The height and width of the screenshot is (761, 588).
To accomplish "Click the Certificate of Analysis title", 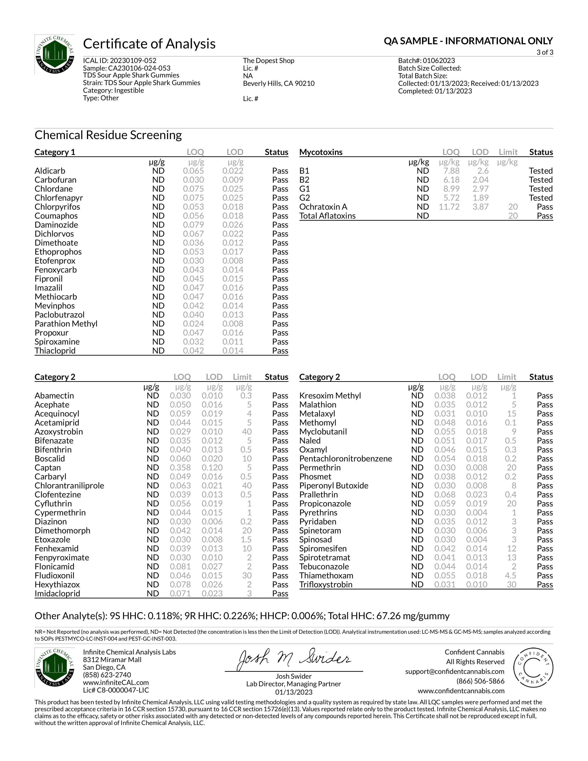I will (x=149, y=44).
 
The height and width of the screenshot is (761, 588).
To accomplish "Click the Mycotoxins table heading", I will (x=321, y=152).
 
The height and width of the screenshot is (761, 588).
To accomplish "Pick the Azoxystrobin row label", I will (x=59, y=432).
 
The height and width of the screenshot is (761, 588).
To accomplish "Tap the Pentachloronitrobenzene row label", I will (x=346, y=458).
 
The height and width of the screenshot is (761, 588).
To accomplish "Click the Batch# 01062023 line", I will (x=426, y=61).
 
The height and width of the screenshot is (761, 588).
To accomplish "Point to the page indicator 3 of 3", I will (x=544, y=53).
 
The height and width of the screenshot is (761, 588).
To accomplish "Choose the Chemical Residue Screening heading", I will (x=108, y=135).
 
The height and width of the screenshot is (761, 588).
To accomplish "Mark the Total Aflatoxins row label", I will (x=327, y=216).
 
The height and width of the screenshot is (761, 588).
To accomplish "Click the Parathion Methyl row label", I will (x=66, y=324).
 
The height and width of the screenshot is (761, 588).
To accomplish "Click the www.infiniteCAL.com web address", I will (x=116, y=683).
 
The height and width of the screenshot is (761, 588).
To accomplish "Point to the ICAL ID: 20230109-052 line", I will (x=119, y=61).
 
